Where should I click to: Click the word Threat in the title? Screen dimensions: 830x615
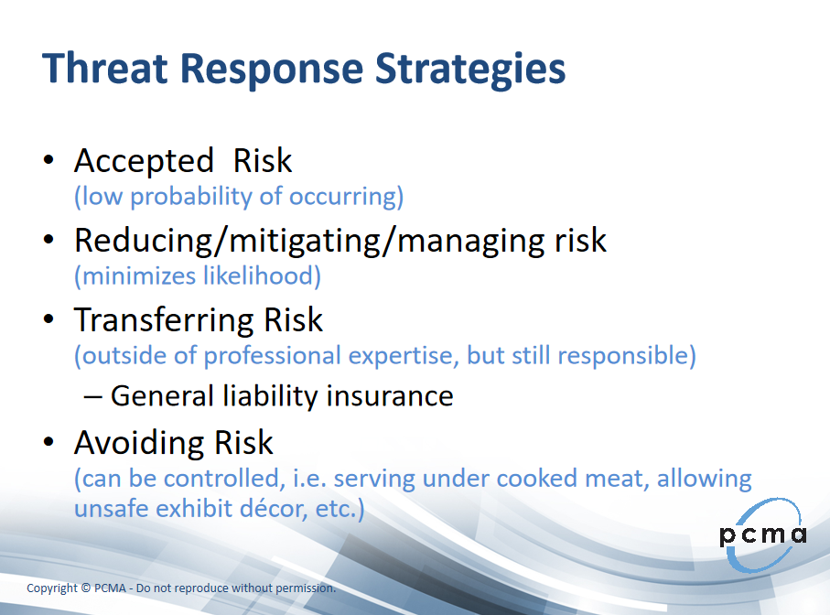pos(105,68)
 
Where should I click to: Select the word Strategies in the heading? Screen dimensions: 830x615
pos(470,70)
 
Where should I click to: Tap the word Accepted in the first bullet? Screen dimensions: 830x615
pos(144,161)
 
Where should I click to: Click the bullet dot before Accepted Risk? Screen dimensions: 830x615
pos(49,160)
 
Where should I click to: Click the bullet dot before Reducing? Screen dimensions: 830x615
pos(49,240)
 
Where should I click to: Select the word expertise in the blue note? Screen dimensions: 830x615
pos(404,356)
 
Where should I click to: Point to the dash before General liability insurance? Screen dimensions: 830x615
pos(92,397)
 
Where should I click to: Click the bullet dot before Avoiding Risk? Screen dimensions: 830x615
pos(49,441)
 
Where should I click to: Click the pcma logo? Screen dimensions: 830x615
pos(763,534)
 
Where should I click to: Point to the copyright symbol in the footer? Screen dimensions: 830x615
pos(86,588)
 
